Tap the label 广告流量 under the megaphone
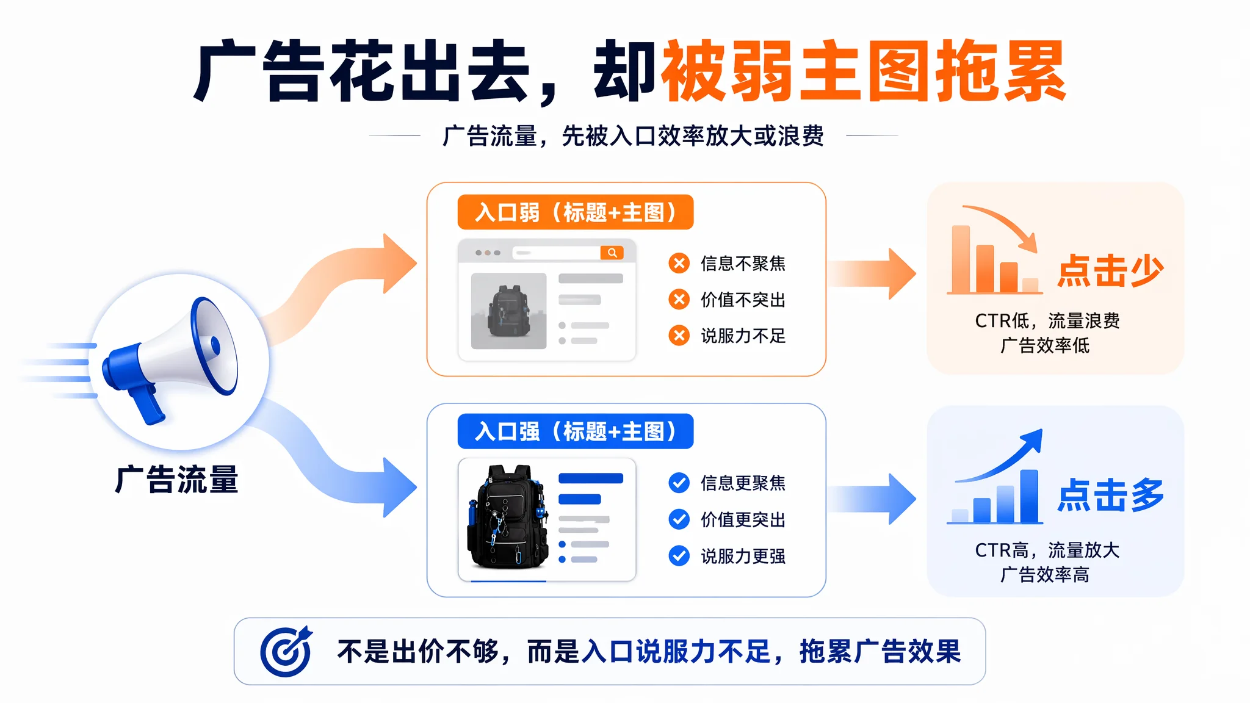click(x=176, y=480)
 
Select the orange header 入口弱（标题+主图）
click(x=576, y=212)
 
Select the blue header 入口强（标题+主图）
click(x=576, y=431)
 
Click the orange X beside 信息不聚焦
click(x=679, y=263)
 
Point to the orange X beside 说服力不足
click(x=679, y=336)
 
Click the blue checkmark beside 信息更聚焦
click(x=679, y=483)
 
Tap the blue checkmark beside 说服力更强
click(x=679, y=556)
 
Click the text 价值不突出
click(x=743, y=300)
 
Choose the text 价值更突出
click(x=743, y=519)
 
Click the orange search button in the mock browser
click(x=612, y=253)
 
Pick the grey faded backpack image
click(x=508, y=311)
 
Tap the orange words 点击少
click(x=1110, y=270)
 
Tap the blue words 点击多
click(x=1110, y=495)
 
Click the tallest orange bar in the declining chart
click(x=961, y=259)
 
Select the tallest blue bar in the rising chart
click(x=1029, y=496)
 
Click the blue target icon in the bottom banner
click(x=286, y=651)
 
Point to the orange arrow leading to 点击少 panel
click(x=872, y=273)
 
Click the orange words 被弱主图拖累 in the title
click(x=864, y=71)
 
